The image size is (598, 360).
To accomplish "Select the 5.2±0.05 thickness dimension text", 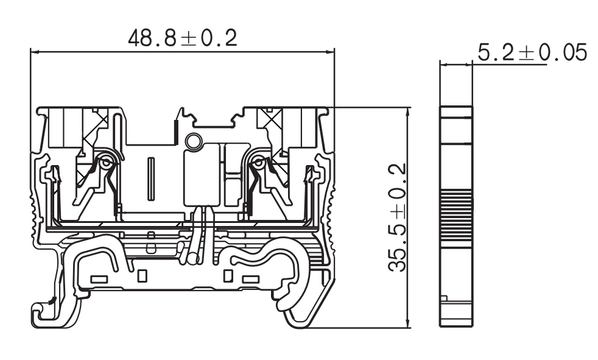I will pyautogui.click(x=532, y=53).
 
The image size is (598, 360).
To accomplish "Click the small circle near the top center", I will pyautogui.click(x=194, y=141).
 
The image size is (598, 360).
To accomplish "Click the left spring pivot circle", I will pyautogui.click(x=106, y=163).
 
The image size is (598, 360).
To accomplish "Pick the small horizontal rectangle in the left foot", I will pyautogui.click(x=99, y=280).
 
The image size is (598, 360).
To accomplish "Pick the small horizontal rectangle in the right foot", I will pyautogui.click(x=250, y=280).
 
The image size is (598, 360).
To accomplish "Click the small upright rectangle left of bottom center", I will pyautogui.click(x=142, y=276).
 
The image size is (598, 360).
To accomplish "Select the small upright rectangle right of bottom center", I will pyautogui.click(x=228, y=276).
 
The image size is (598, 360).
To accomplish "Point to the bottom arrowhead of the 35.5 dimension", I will pyautogui.click(x=408, y=323).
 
